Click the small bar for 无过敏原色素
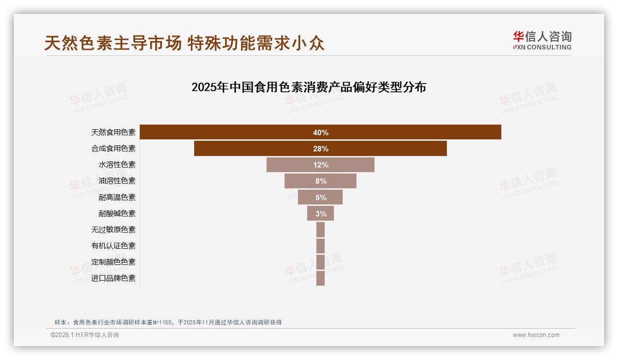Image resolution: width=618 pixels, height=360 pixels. pos(321,229)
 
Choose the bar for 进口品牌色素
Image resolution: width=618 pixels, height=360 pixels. pos(321,278)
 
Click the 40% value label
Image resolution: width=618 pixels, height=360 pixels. pos(321,132)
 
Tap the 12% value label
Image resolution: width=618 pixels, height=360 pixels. pos(321,165)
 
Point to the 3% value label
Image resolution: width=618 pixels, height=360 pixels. pos(321,214)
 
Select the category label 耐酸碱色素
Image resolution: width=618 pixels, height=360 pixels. pos(117,214)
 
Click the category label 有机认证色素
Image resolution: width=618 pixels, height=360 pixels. pos(113,246)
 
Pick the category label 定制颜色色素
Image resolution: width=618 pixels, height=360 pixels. pos(113,262)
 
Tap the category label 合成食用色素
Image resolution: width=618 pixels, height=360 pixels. pos(113,149)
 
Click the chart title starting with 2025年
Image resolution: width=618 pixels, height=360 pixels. pos(309,87)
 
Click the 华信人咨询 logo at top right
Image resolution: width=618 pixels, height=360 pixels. pos(542,40)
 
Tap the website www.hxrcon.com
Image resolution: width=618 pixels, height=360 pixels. pos(536,335)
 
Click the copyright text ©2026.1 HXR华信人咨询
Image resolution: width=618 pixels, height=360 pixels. pos(85,335)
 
